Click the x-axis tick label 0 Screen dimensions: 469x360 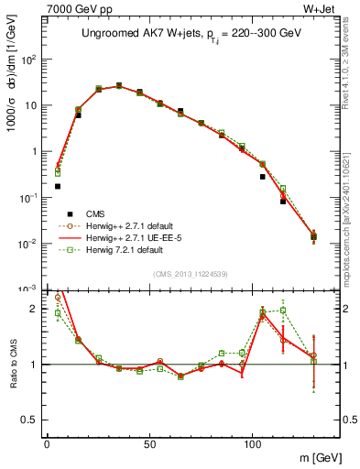pyautogui.click(x=47, y=447)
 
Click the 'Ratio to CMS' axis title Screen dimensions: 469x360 pyautogui.click(x=12, y=364)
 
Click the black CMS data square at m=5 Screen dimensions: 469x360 pyautogui.click(x=58, y=186)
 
